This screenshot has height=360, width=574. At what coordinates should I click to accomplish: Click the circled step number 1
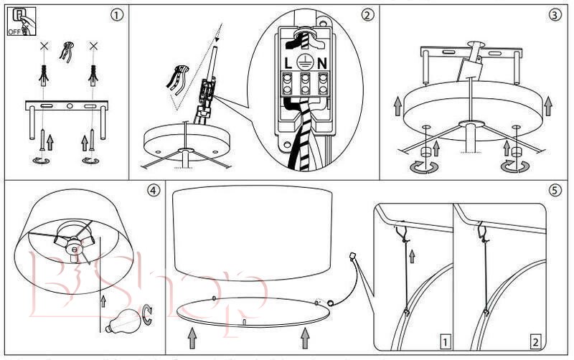(x=115, y=14)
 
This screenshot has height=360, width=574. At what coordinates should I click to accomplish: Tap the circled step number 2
(x=367, y=14)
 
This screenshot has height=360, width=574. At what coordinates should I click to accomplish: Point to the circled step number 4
(x=152, y=191)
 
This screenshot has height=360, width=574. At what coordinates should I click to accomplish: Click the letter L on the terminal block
(x=288, y=63)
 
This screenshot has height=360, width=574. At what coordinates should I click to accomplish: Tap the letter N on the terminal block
(x=323, y=63)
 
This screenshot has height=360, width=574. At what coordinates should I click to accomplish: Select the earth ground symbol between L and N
(x=305, y=62)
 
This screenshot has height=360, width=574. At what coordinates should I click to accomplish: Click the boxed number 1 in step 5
(x=446, y=342)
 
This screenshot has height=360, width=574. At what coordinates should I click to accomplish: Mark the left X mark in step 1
(x=44, y=47)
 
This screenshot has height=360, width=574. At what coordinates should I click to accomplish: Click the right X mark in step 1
(x=93, y=47)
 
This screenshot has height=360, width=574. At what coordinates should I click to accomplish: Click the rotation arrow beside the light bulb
(x=149, y=311)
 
